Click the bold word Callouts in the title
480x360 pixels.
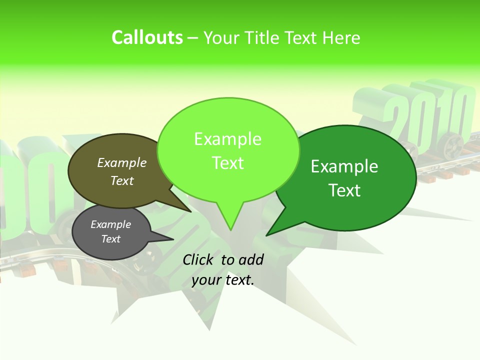coord(147,37)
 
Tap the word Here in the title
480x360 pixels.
coord(341,37)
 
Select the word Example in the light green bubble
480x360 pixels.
coord(227,139)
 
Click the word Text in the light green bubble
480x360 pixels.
coord(227,163)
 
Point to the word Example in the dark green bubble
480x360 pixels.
coord(344,166)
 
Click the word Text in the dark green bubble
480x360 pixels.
coord(344,190)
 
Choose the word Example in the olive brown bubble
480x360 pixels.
coord(121,163)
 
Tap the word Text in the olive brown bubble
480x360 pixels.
coord(121,180)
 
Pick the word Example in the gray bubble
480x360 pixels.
coord(110,224)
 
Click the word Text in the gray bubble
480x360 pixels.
coord(110,239)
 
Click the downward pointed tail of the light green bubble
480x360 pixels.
coord(230,222)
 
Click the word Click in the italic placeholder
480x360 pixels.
coord(199,259)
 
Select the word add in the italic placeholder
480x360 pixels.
coord(251,259)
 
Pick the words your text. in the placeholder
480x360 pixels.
coord(223,280)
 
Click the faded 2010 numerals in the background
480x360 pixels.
coord(430,115)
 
